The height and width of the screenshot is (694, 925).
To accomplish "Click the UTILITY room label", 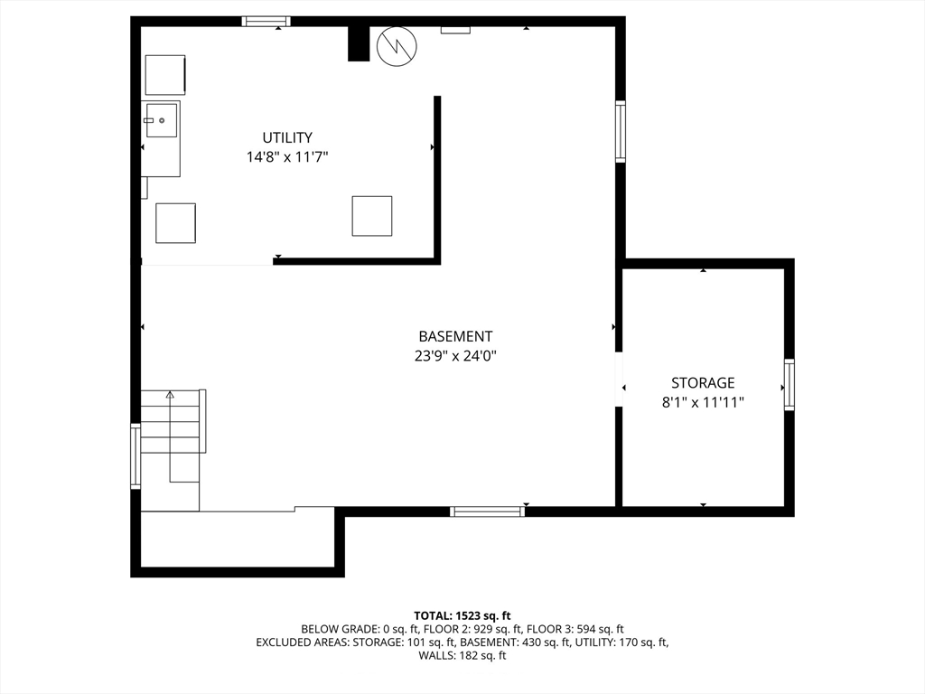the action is [x=287, y=137].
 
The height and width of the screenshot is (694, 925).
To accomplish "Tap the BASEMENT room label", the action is [x=455, y=336].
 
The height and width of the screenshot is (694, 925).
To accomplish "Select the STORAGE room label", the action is [x=703, y=383].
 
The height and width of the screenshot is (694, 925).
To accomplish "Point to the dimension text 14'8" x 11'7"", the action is [x=287, y=157].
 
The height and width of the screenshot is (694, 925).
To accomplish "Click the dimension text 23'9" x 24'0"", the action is [x=455, y=356].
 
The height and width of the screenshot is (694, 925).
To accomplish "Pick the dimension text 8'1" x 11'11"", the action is [x=703, y=402].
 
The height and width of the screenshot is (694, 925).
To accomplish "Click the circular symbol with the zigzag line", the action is [x=397, y=46].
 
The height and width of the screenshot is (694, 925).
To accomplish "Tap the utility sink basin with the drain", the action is [x=161, y=120].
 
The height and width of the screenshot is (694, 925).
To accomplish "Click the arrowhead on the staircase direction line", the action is [x=171, y=394].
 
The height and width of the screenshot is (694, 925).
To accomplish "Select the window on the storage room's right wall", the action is [x=790, y=384].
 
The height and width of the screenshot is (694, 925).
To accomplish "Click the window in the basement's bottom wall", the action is [x=487, y=511].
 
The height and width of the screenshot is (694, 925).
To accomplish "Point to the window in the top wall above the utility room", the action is [x=266, y=22].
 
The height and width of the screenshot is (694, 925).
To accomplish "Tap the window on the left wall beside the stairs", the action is [x=135, y=456].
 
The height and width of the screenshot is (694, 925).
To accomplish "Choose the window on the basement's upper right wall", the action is [x=621, y=131].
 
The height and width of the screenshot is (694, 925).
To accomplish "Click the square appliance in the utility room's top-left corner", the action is [x=165, y=75].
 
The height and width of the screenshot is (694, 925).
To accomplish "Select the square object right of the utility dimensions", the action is [x=372, y=216].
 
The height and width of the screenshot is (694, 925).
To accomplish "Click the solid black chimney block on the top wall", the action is [x=358, y=43].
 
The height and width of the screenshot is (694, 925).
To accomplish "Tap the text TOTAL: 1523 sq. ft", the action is [x=462, y=616].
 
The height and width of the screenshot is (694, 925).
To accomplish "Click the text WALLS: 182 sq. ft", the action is [x=462, y=655].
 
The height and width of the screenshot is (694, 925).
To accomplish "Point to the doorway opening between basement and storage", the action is [x=619, y=380].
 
